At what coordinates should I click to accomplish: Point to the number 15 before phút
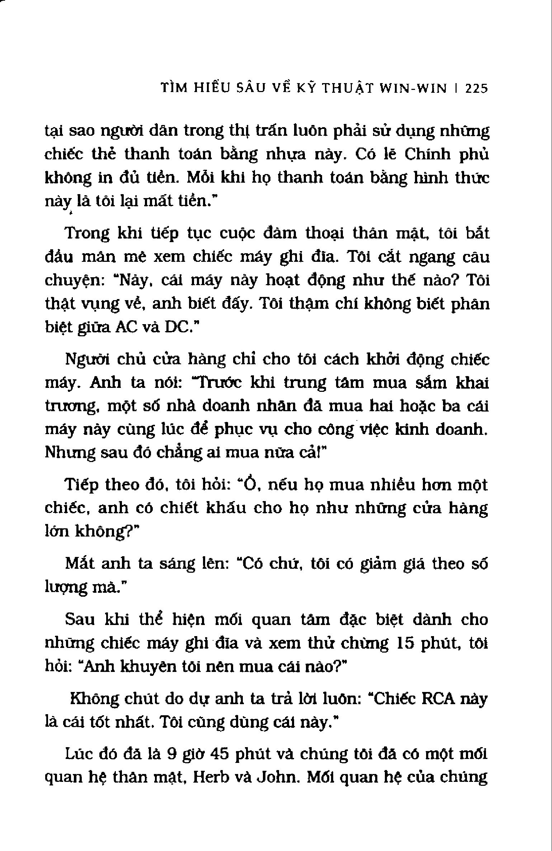pyautogui.click(x=407, y=643)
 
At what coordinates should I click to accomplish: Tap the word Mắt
pyautogui.click(x=80, y=564)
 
